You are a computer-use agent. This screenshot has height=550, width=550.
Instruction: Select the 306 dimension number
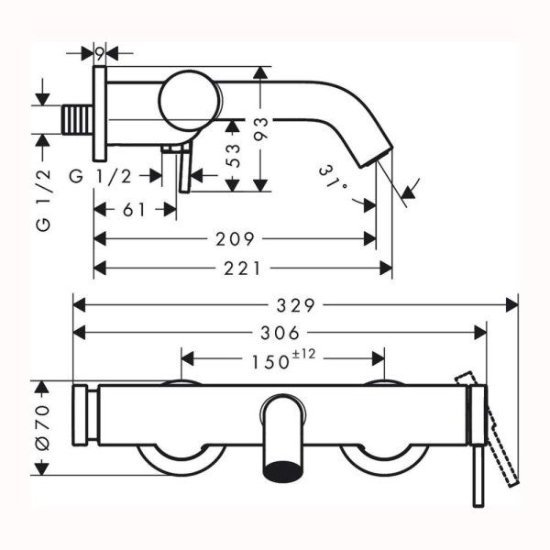280,333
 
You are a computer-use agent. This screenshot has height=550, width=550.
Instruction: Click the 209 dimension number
236,240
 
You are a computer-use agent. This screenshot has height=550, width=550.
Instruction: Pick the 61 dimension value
134,209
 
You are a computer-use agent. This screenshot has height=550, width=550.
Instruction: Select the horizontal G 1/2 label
102,175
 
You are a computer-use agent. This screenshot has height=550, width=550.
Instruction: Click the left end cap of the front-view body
87,429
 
